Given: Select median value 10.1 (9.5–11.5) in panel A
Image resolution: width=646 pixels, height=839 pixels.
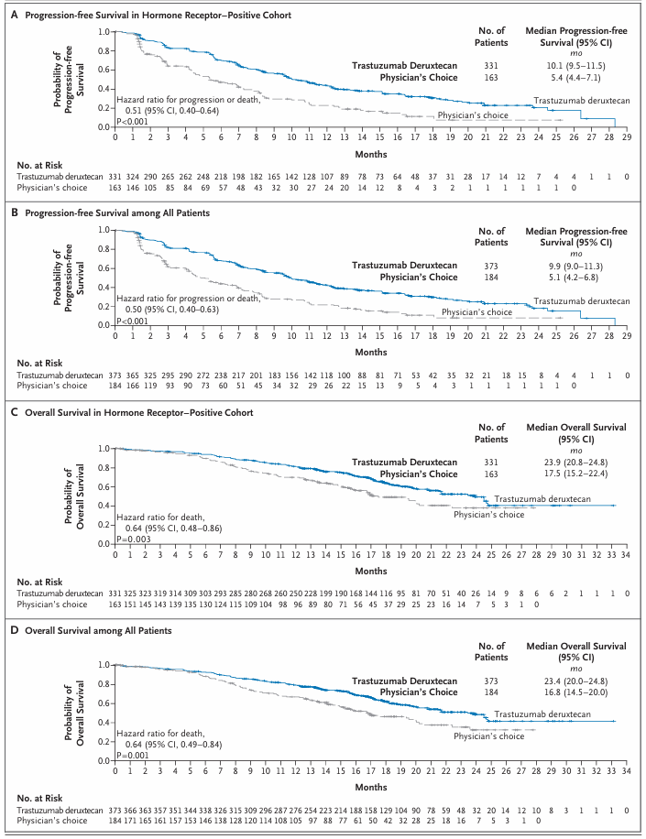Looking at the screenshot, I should click(x=564, y=66).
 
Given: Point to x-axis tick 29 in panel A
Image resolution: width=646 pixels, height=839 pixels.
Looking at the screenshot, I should click(x=626, y=136).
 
